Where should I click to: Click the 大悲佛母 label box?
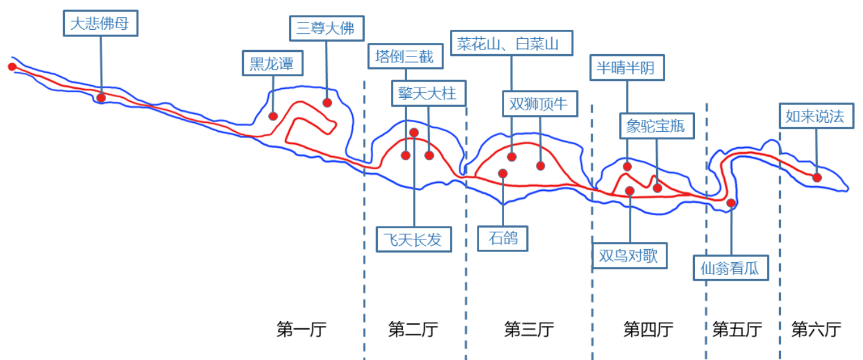[100, 24]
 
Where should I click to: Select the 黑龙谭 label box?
[272, 63]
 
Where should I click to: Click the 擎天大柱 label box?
[427, 93]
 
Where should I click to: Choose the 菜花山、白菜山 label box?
[511, 44]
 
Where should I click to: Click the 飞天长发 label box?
[412, 240]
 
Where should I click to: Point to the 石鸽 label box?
[504, 238]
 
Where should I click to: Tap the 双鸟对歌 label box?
[628, 256]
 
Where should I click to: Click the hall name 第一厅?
[302, 329]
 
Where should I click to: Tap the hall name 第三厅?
[529, 329]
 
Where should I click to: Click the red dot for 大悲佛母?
[101, 97]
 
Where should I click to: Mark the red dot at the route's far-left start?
[12, 66]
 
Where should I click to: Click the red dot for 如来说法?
[817, 177]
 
